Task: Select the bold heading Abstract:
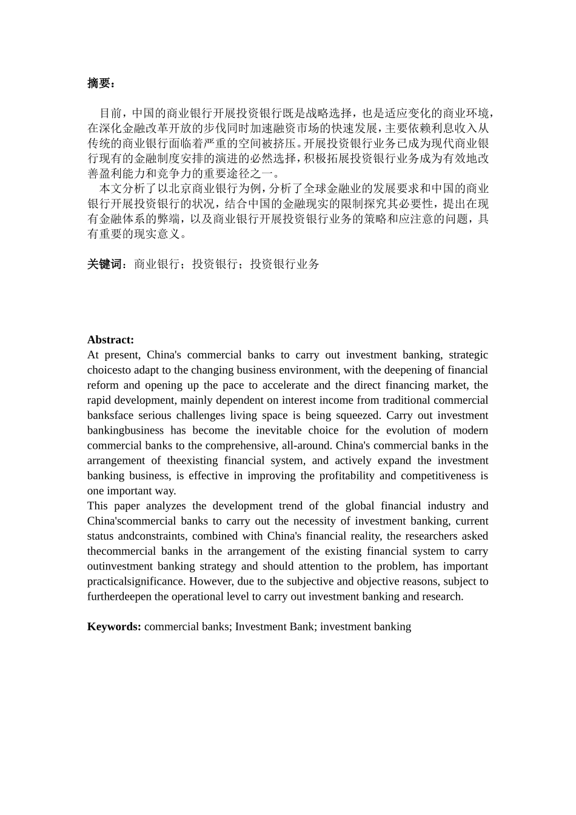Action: coord(110,340)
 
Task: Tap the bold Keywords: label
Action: coord(114,626)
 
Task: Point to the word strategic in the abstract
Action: coord(468,355)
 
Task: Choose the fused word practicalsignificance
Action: coord(136,581)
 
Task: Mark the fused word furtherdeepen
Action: coord(119,596)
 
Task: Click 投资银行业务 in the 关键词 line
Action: coord(285,264)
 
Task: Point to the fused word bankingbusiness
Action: coord(126,431)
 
